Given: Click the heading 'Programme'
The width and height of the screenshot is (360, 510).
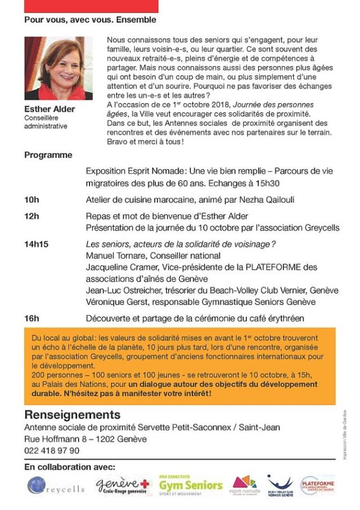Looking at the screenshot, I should point(48,155).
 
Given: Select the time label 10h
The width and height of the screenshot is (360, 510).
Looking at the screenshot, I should point(31,200).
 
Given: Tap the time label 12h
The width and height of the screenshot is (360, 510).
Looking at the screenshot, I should point(31,216).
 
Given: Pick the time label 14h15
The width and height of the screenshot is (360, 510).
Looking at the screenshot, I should point(37,243).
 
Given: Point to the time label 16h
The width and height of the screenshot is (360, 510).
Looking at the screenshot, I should point(31,318).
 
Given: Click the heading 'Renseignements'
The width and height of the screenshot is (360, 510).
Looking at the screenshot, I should point(72,415).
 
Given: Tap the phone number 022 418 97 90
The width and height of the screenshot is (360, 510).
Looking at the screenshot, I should point(52,450).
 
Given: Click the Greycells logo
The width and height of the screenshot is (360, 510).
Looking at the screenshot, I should point(56,485).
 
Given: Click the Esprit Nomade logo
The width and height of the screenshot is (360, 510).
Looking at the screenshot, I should point(246,485).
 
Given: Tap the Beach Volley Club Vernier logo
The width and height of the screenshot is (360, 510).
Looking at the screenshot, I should point(280,485).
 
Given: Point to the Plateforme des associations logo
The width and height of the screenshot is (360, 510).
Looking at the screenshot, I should point(318,485).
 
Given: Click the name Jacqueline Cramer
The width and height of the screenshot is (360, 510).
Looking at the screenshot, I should point(119,267).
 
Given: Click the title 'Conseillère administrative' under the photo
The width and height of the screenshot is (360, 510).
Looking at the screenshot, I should point(46,122).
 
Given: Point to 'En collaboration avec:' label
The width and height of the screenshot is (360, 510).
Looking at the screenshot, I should point(70,467).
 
